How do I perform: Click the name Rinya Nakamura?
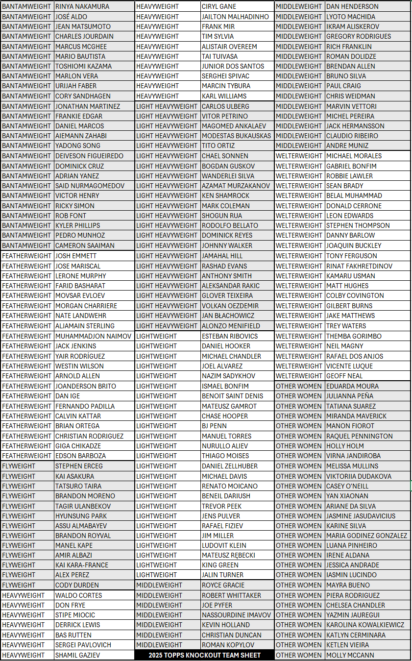pyautogui.click(x=82, y=6)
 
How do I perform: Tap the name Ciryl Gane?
pyautogui.click(x=219, y=6)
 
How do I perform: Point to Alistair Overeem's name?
pyautogui.click(x=229, y=47)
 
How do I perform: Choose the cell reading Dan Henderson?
pyautogui.click(x=352, y=6)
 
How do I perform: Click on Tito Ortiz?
pyautogui.click(x=218, y=146)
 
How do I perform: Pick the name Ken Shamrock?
pyautogui.click(x=225, y=196)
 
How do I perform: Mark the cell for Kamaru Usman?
pyautogui.click(x=351, y=276)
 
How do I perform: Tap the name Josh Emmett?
pyautogui.click(x=76, y=256)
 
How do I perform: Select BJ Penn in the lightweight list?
pyautogui.click(x=214, y=426)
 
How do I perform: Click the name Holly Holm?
pyautogui.click(x=345, y=446)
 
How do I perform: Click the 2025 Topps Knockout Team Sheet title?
pyautogui.click(x=204, y=655)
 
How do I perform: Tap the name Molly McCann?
pyautogui.click(x=350, y=655)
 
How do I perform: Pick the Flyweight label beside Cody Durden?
pyautogui.click(x=19, y=585)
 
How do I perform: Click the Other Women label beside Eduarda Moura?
pyautogui.click(x=299, y=386)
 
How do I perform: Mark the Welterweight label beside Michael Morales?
pyautogui.click(x=299, y=156)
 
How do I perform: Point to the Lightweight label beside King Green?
pyautogui.click(x=156, y=565)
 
